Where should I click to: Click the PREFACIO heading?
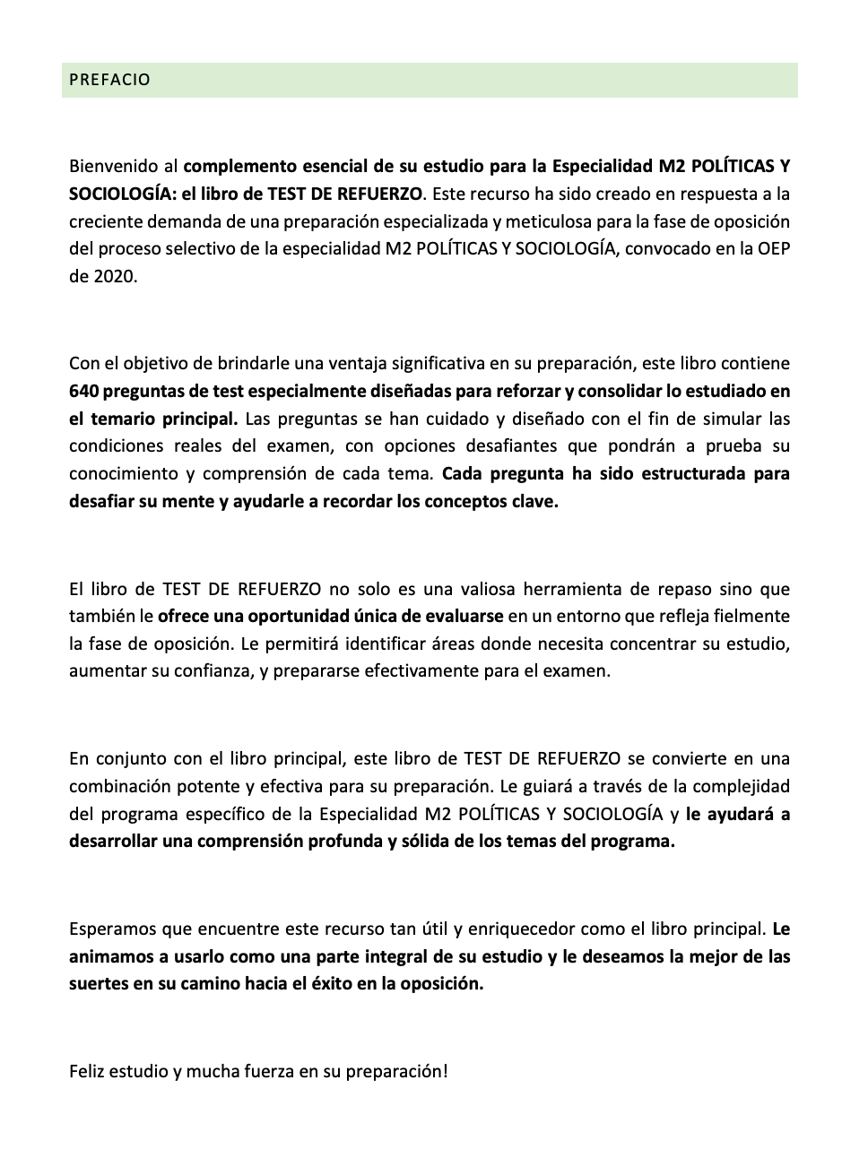tap(109, 80)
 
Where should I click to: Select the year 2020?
tap(115, 276)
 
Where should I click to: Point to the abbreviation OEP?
tap(773, 248)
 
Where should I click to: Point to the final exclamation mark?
tap(444, 1071)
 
